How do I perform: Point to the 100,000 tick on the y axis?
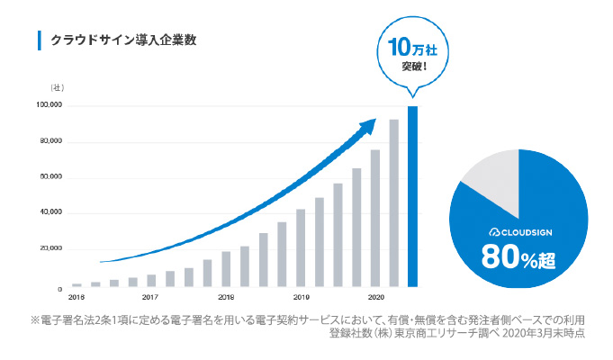pyautogui.click(x=49, y=106)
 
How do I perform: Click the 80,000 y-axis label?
pyautogui.click(x=50, y=142)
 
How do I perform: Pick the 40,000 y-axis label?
pyautogui.click(x=50, y=213)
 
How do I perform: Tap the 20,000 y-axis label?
pyautogui.click(x=50, y=248)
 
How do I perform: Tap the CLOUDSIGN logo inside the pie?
pyautogui.click(x=518, y=232)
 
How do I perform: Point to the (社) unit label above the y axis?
pyautogui.click(x=57, y=87)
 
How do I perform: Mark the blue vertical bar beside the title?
pyautogui.click(x=39, y=40)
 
